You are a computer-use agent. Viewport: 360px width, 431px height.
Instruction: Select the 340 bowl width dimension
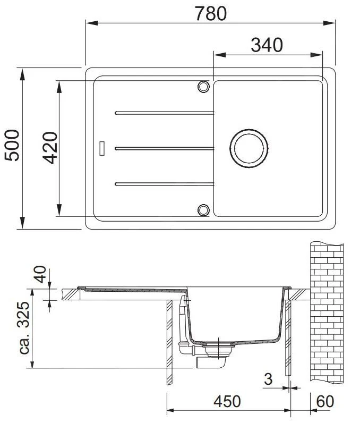(x=267, y=45)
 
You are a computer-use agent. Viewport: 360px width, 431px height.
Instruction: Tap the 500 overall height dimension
(x=12, y=146)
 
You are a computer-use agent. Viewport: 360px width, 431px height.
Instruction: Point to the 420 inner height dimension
(x=50, y=148)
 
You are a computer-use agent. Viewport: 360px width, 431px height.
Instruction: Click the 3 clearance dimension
(x=268, y=379)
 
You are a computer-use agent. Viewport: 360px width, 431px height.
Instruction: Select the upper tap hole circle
(x=203, y=87)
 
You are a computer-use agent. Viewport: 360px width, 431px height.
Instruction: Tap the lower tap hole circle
(x=203, y=209)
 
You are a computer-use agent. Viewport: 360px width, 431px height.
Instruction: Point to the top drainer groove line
(x=164, y=113)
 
